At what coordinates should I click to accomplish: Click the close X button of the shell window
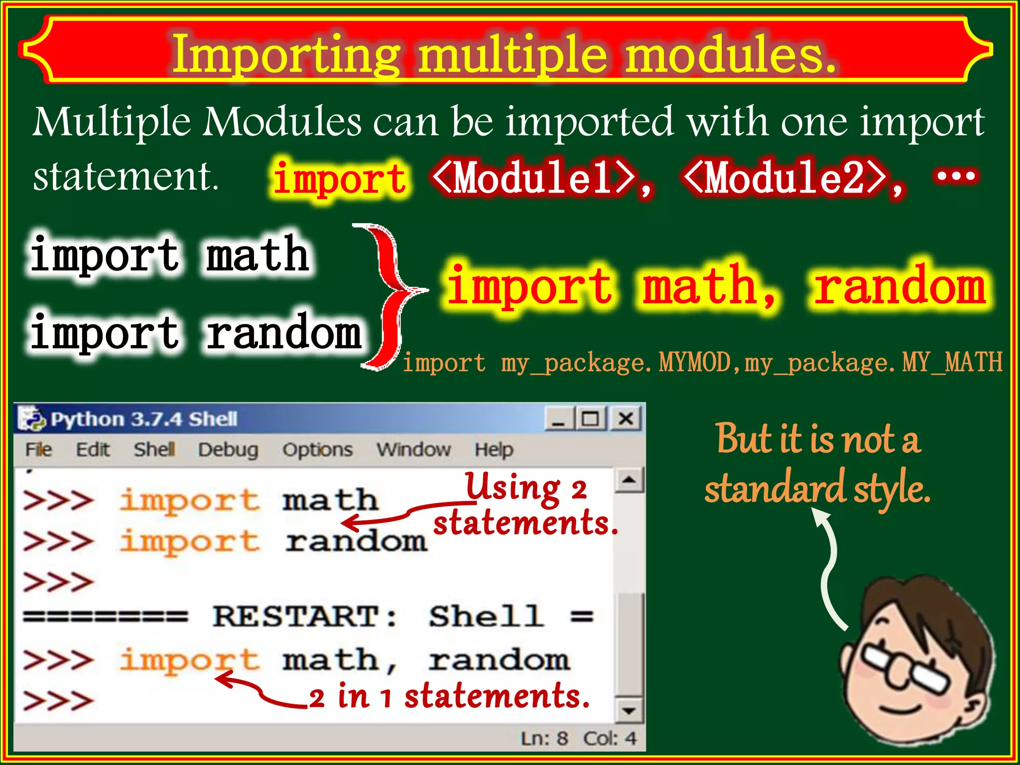[626, 418]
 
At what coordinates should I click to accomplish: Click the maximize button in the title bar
[591, 418]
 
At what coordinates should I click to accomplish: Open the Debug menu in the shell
[228, 450]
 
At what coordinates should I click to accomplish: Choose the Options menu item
[317, 450]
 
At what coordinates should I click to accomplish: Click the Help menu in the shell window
[493, 450]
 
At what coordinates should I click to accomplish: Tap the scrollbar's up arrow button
[629, 480]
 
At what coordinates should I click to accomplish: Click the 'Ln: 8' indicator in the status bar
[544, 738]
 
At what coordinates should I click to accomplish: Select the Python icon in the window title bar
[31, 418]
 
